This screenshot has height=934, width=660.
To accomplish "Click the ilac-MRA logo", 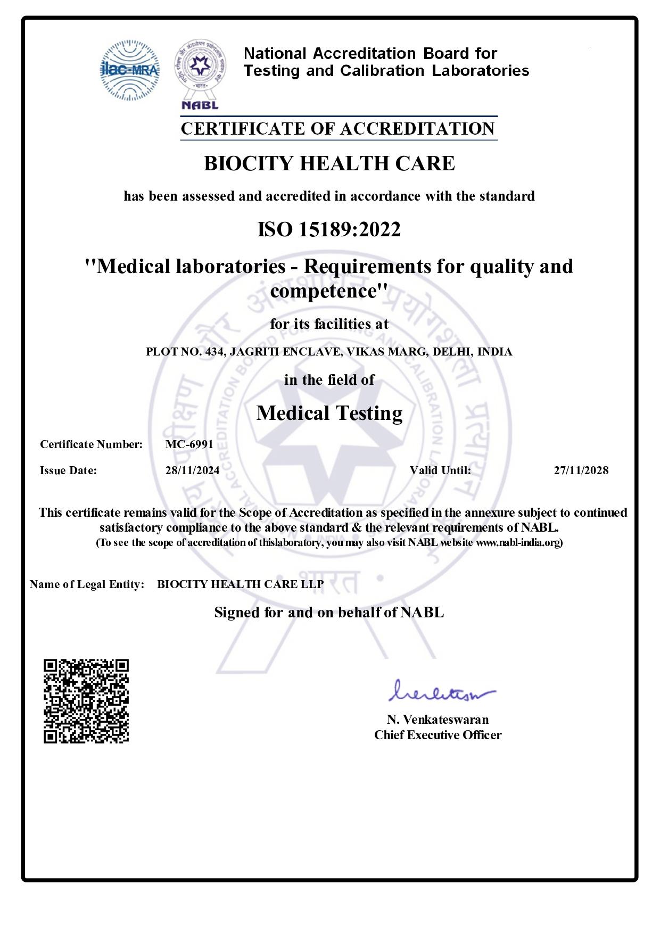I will [x=130, y=70].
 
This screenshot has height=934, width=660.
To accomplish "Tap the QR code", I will [x=86, y=701].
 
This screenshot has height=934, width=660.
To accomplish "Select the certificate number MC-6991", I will [x=189, y=444].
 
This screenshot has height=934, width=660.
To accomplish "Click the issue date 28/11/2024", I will [x=192, y=470].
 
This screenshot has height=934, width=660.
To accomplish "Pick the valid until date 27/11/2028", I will [x=581, y=470].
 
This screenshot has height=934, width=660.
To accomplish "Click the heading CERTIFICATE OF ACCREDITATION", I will [x=338, y=129].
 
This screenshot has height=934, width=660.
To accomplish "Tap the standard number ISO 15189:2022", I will [x=329, y=230].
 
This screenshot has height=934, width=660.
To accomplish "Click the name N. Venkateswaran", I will [x=438, y=720].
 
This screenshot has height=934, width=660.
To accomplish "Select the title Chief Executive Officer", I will [x=438, y=735].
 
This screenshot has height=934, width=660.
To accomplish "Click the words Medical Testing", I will [x=329, y=413].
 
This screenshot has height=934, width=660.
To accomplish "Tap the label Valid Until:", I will [x=440, y=470].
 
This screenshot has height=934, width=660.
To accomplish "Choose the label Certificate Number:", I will [x=92, y=444].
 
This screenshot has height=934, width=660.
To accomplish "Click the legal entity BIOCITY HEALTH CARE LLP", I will [x=240, y=584].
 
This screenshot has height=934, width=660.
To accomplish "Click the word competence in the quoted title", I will [x=325, y=291].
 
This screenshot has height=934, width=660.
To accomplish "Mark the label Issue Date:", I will [x=69, y=470].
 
